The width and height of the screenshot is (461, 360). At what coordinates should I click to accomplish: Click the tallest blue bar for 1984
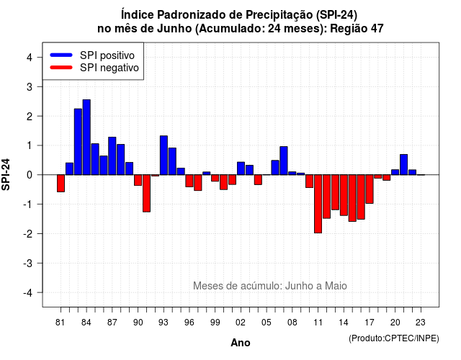coord(86,138)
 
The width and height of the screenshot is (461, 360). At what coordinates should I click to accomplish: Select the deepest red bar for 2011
coord(318,204)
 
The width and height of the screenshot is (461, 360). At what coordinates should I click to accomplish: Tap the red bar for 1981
coord(61,183)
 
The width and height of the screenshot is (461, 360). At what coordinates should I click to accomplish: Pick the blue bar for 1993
coord(164,156)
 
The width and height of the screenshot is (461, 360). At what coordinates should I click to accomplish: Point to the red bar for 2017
coord(370,189)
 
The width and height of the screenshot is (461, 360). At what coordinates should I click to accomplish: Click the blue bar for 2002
coord(241,168)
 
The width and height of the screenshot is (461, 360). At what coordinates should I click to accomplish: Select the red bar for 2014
coord(344,195)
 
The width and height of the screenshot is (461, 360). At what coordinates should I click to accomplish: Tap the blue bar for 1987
coord(112,156)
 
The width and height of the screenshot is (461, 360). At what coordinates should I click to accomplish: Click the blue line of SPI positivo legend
coord(61,55)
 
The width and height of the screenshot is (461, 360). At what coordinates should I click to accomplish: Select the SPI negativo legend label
coord(109,68)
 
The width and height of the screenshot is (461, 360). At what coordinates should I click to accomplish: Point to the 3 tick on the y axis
coord(40,86)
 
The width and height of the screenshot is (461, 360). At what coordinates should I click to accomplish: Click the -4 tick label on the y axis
coord(28,292)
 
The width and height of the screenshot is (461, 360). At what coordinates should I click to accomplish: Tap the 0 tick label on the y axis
coord(30,175)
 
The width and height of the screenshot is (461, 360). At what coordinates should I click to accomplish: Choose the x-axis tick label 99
coord(215,323)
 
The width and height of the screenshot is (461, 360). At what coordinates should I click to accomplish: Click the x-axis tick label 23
coord(421,323)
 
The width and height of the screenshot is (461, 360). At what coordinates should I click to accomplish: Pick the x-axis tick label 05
coord(267,323)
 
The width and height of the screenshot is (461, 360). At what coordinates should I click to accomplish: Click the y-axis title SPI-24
coord(6,174)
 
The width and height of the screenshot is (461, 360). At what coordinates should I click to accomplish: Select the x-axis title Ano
coord(241,343)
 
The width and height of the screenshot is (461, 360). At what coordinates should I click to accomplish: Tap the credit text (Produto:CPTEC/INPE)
coord(394,338)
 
